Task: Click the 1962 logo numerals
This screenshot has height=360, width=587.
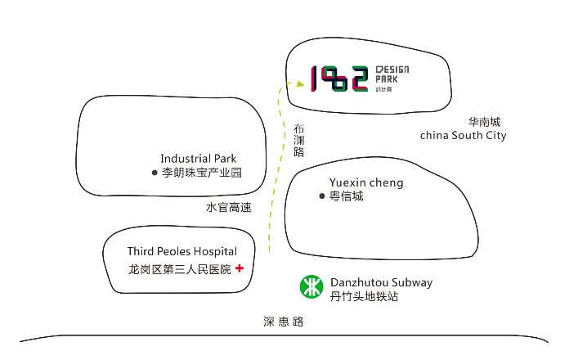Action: click(339, 79)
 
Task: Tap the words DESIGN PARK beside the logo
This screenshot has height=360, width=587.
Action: click(392, 74)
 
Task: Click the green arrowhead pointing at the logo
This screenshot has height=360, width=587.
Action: click(300, 83)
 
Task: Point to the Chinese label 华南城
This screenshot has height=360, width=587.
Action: click(484, 121)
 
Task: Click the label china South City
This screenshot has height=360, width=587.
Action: click(463, 135)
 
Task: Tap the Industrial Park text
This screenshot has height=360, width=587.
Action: click(204, 158)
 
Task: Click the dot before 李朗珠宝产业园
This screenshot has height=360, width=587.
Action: click(154, 173)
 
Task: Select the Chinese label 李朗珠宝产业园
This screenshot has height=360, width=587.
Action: click(202, 173)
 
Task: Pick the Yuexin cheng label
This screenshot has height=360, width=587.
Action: click(366, 182)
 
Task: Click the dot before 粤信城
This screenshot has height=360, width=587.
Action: click(322, 196)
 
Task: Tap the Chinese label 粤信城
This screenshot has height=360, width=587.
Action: click(346, 196)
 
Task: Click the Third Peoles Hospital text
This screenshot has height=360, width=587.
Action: click(181, 251)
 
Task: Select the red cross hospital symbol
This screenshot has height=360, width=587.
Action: click(240, 268)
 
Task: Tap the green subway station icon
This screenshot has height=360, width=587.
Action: click(311, 287)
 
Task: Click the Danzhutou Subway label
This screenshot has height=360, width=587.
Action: click(381, 282)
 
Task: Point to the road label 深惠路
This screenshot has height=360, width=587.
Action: click(284, 322)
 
